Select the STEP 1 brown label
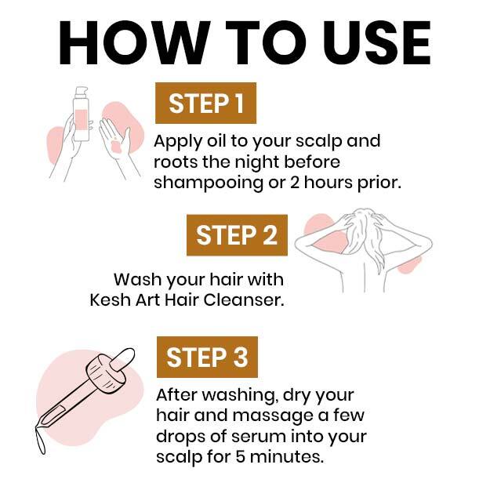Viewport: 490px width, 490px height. tap(205, 103)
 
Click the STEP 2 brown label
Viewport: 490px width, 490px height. tap(237, 235)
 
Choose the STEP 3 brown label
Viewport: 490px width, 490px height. tap(207, 358)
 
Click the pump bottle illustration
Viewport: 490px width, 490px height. tap(81, 114)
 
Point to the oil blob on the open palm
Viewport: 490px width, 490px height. tap(116, 147)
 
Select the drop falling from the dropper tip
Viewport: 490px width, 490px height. tap(41, 440)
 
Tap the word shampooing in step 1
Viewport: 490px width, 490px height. tap(209, 183)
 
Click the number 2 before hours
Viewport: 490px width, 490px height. tap(295, 183)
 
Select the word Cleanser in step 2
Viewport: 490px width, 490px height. tap(244, 300)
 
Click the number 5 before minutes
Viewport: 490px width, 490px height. tap(241, 457)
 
